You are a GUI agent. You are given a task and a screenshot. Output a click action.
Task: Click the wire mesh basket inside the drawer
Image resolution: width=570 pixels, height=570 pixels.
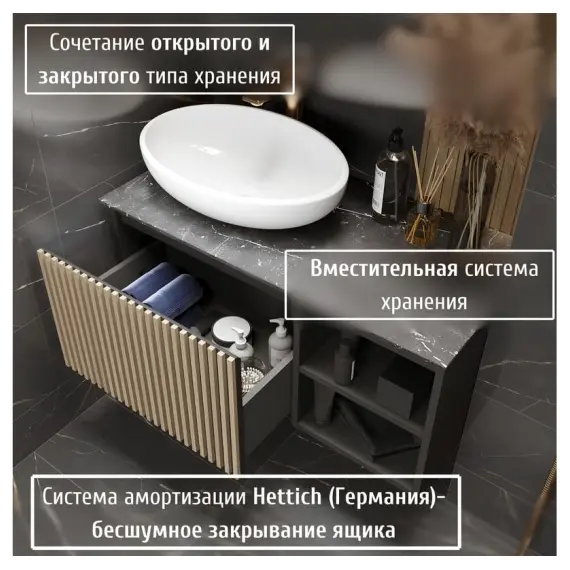pos(253,374)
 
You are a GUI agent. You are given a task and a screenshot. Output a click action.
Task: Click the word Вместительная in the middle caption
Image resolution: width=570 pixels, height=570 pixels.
pos(383,270)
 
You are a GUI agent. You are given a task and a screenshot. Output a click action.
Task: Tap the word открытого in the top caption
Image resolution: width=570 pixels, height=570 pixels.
pos(204,44)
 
